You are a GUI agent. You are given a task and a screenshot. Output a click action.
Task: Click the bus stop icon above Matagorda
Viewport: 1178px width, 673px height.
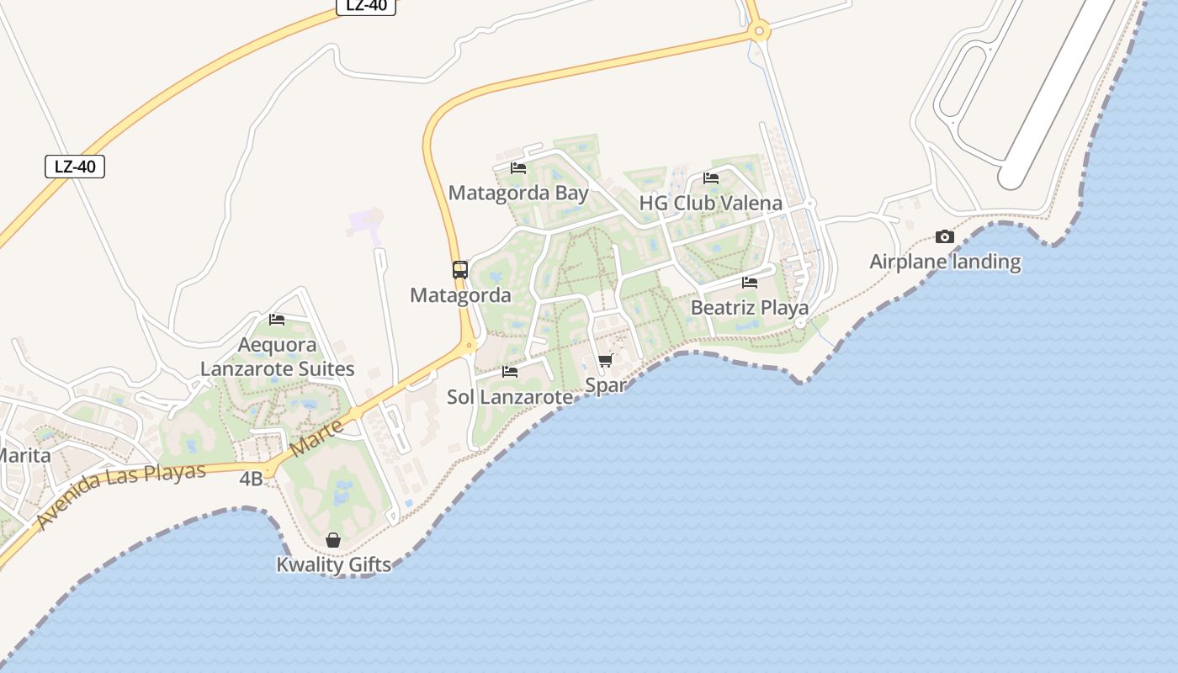(460, 270)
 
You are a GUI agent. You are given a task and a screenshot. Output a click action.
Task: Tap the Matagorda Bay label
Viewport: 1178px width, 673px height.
(518, 193)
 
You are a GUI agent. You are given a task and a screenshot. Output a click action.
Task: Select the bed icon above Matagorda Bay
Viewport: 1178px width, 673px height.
(518, 168)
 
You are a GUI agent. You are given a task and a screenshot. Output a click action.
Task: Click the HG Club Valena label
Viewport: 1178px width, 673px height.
(711, 203)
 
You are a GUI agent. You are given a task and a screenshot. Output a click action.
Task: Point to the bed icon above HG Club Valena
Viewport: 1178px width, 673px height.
(711, 178)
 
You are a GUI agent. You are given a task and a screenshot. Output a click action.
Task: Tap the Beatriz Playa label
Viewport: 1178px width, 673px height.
(750, 307)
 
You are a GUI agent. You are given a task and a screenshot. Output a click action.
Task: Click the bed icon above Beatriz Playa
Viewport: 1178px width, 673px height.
(750, 283)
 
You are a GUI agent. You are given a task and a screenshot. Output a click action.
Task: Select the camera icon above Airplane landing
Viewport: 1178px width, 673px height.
(945, 237)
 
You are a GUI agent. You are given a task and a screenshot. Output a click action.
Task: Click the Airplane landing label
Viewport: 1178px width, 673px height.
(945, 262)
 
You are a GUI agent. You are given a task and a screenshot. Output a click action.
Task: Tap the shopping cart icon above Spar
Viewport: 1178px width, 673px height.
(605, 361)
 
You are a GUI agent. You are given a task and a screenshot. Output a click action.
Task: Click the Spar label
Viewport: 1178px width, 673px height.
(605, 385)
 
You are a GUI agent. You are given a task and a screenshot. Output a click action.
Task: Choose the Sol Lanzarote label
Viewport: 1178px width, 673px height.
(510, 396)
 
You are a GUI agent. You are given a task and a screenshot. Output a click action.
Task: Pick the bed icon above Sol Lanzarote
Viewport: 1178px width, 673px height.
(510, 372)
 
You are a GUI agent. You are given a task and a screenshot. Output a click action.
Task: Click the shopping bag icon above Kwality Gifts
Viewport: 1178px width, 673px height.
(333, 540)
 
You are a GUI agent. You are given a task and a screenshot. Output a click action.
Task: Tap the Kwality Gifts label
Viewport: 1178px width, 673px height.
(333, 564)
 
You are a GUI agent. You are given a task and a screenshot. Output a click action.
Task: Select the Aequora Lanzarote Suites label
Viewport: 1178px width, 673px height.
(277, 357)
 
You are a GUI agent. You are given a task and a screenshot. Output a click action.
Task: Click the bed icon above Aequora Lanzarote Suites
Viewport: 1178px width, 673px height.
(277, 320)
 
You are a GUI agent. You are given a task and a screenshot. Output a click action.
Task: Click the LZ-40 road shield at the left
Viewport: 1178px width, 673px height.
(75, 167)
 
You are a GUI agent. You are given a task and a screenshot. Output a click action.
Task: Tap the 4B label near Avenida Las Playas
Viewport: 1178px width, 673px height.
(251, 479)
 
